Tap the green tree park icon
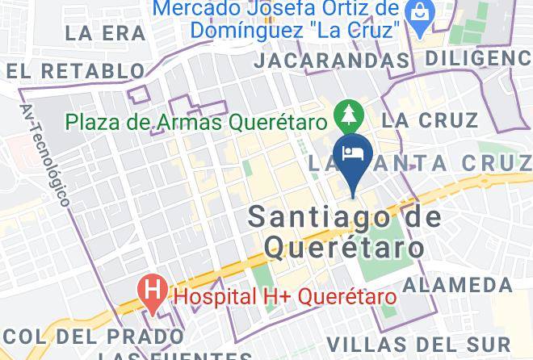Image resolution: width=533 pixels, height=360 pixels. (348, 114)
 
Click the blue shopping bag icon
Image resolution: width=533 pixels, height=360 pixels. (420, 13)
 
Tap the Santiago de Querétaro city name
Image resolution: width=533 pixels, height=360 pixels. (345, 231)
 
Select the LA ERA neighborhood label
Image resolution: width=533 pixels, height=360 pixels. (105, 33)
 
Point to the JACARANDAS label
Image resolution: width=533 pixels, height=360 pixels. (330, 61)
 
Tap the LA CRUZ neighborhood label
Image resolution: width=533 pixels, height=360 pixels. (430, 120)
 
